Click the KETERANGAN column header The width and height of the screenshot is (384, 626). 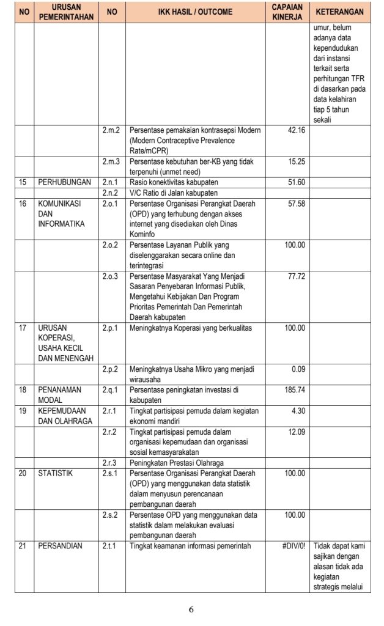[x=340, y=12]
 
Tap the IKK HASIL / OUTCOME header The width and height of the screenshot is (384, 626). [x=194, y=12]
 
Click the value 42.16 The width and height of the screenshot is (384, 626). [x=296, y=131]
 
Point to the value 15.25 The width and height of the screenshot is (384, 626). [x=296, y=161]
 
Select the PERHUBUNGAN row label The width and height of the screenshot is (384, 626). [x=64, y=182]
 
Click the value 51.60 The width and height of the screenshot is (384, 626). [x=296, y=182]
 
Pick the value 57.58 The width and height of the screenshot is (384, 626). [x=296, y=203]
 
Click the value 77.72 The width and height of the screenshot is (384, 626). [x=296, y=277]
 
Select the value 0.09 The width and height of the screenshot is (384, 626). [x=298, y=369]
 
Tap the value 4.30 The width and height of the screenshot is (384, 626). [x=297, y=411]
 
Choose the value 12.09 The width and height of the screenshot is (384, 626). [x=296, y=432]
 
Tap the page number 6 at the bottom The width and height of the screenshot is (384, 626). [x=191, y=609]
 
